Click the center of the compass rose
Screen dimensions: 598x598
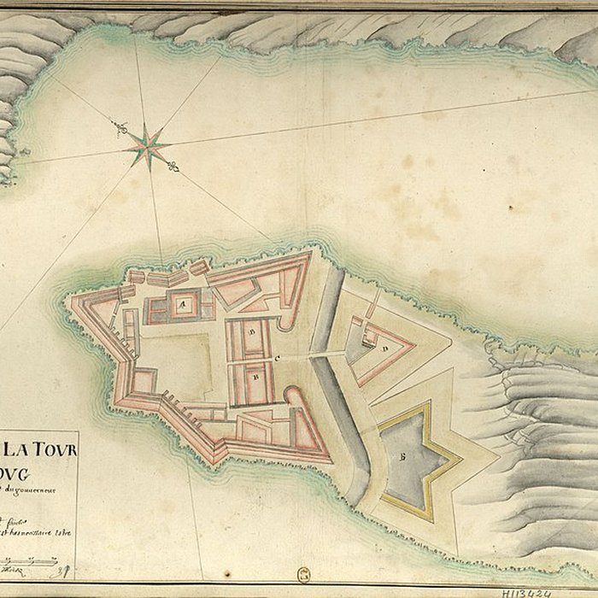tap(148, 146)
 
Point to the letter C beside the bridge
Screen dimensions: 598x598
tap(276, 357)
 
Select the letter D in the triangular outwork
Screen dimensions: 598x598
tap(385, 348)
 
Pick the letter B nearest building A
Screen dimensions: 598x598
tap(253, 327)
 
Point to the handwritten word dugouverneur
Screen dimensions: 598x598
tap(38, 490)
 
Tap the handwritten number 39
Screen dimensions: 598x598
tap(62, 563)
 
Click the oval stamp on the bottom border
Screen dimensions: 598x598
tap(303, 576)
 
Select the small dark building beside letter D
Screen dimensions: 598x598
tap(371, 338)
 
